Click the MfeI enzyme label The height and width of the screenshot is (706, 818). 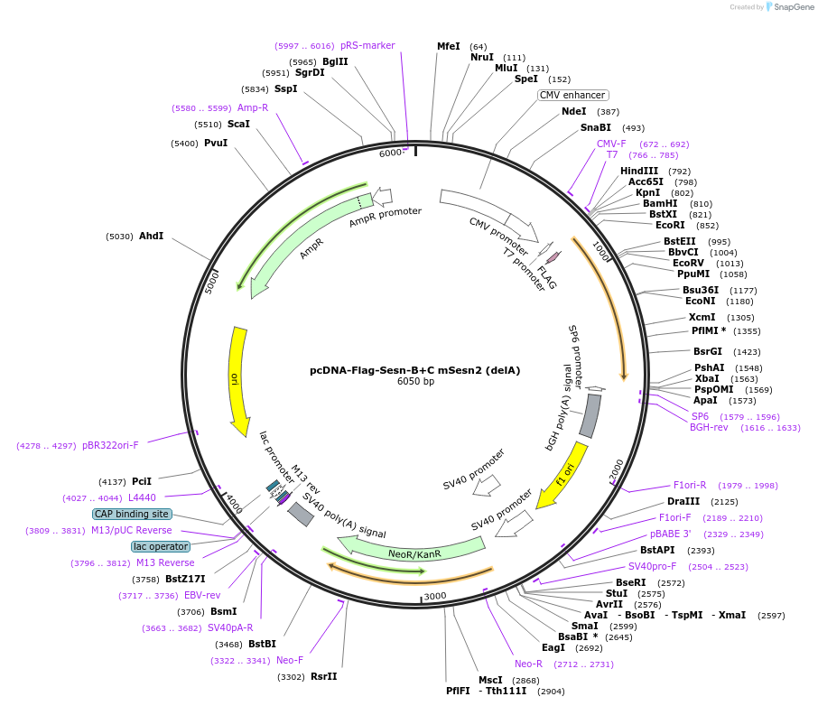click(448, 46)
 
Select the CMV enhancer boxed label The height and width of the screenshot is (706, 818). click(572, 95)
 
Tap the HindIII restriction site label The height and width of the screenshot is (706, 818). click(639, 171)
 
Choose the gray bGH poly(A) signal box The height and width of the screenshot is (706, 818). click(590, 415)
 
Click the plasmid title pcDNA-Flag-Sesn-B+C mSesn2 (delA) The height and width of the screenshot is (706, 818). click(414, 369)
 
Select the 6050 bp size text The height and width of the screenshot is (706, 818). click(415, 381)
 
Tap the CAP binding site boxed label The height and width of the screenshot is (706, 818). click(132, 514)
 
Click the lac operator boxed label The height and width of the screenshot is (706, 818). click(161, 546)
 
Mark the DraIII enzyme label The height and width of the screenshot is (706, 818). click(683, 501)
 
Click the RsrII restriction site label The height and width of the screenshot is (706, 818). click(323, 676)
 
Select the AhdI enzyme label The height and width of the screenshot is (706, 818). click(151, 236)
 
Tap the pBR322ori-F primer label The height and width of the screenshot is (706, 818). click(110, 445)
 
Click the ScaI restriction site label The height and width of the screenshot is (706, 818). click(238, 124)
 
